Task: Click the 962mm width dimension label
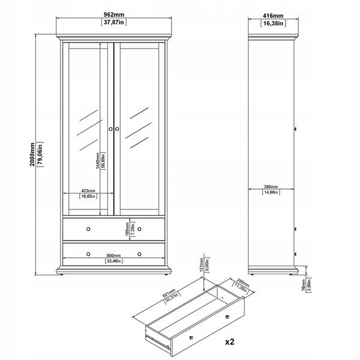113,15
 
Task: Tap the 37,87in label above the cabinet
113,23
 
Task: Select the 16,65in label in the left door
88,196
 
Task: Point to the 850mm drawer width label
113,254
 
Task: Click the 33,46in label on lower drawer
113,261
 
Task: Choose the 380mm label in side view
272,186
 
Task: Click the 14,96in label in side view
272,193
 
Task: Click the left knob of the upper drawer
88,229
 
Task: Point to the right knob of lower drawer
139,253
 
